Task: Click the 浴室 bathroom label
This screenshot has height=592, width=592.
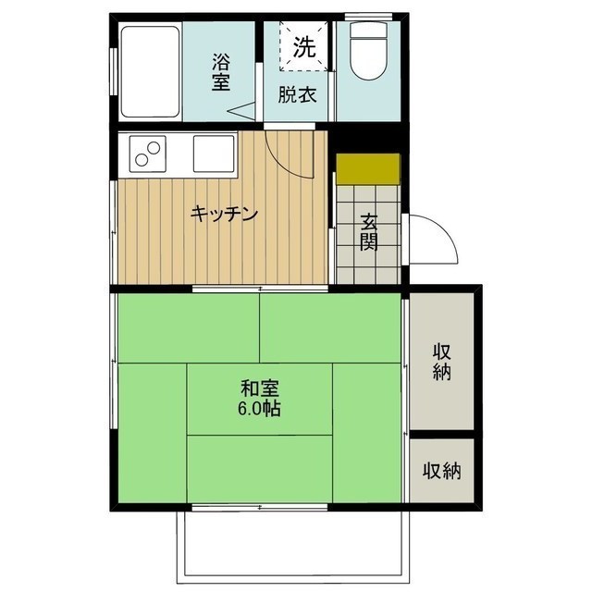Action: coord(220,72)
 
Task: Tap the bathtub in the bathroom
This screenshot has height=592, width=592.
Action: coord(150,71)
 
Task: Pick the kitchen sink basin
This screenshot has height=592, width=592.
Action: coord(214,153)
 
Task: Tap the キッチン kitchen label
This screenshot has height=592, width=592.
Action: coord(223,214)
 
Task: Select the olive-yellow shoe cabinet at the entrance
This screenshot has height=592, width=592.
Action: coord(367,167)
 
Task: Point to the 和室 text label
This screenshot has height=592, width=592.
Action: coord(259,388)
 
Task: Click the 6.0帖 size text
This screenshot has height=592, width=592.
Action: coord(259,408)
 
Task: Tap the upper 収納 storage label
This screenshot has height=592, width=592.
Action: coord(441,361)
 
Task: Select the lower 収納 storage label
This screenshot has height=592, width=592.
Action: coord(441,471)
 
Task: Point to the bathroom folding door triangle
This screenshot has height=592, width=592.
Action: coord(244,112)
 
